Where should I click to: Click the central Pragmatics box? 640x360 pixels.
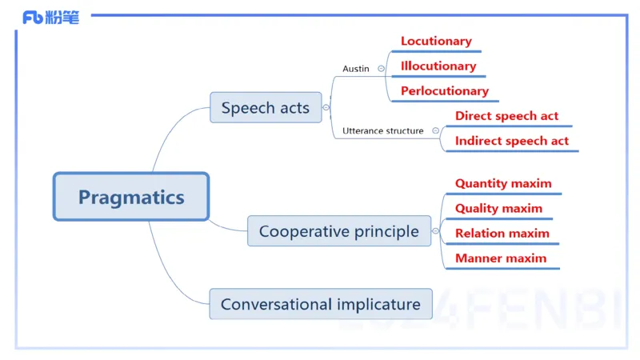pyautogui.click(x=131, y=196)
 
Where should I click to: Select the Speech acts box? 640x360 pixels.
pyautogui.click(x=266, y=107)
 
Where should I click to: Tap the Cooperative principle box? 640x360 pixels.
pyautogui.click(x=339, y=231)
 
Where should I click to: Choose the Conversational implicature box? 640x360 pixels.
pyautogui.click(x=321, y=304)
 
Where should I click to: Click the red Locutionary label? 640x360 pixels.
pyautogui.click(x=436, y=42)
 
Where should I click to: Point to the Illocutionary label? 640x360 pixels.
pyautogui.click(x=438, y=66)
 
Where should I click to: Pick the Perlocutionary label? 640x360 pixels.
pyautogui.click(x=445, y=91)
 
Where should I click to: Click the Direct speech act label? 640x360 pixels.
pyautogui.click(x=506, y=116)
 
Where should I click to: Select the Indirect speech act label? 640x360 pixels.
pyautogui.click(x=512, y=141)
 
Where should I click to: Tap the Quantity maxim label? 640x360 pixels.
pyautogui.click(x=503, y=184)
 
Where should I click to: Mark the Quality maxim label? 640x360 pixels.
pyautogui.click(x=498, y=209)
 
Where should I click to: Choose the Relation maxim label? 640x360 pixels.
pyautogui.click(x=502, y=234)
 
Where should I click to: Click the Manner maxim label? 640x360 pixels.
pyautogui.click(x=501, y=258)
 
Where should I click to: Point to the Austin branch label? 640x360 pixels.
pyautogui.click(x=356, y=69)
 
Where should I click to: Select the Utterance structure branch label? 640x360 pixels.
pyautogui.click(x=383, y=130)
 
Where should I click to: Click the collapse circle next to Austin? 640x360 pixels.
pyautogui.click(x=381, y=69)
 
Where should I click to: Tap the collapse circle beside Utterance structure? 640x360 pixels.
pyautogui.click(x=435, y=130)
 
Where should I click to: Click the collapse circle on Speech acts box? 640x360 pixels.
pyautogui.click(x=326, y=107)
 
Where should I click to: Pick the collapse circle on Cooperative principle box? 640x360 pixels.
pyautogui.click(x=435, y=231)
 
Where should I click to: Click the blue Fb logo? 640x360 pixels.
pyautogui.click(x=33, y=18)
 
